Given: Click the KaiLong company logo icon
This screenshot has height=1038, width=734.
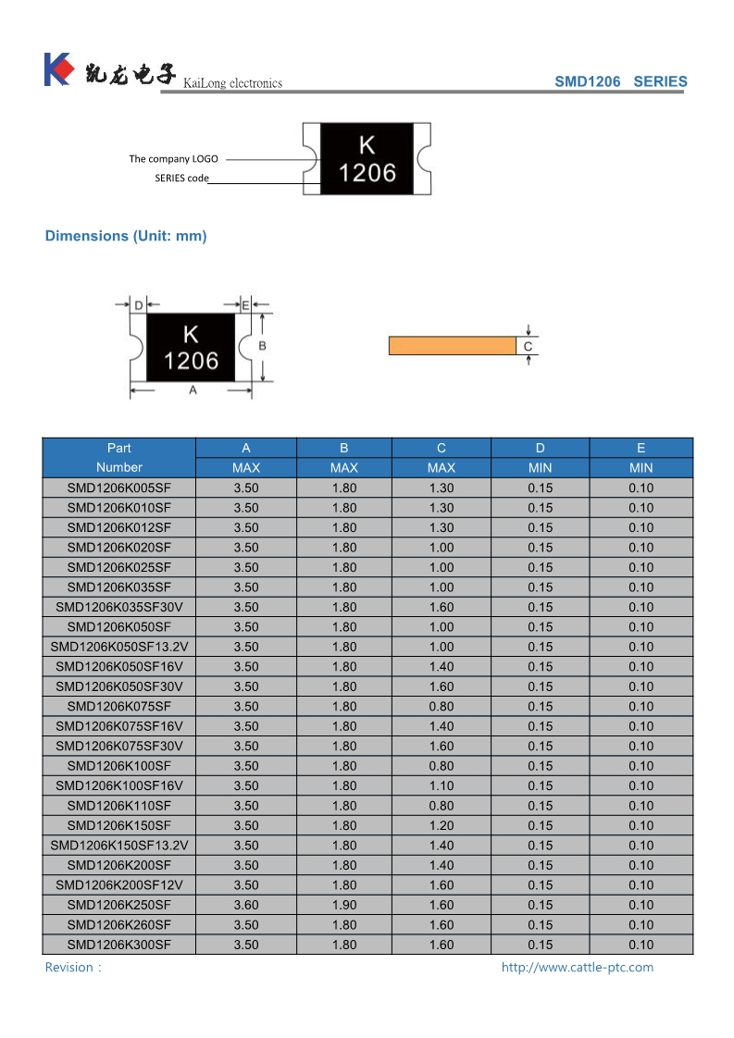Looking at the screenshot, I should [x=57, y=69].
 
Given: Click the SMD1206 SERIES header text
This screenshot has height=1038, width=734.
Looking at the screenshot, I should [x=620, y=81].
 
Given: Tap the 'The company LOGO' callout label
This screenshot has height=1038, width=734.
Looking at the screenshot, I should [x=173, y=159].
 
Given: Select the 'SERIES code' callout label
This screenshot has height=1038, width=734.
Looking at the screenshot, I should [x=181, y=178].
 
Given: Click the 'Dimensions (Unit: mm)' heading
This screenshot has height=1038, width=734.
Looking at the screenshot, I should [x=126, y=236].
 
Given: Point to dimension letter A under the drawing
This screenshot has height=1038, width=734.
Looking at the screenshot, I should [x=193, y=390].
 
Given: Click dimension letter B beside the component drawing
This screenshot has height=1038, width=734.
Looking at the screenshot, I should [x=262, y=345].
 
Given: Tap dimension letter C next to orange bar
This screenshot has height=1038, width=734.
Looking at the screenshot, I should [x=528, y=347].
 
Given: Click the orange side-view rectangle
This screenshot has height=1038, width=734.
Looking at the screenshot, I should [x=452, y=346].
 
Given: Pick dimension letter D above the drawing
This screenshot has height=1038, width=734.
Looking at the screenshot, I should [x=138, y=304].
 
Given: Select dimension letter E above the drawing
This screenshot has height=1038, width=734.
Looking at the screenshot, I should [x=245, y=304].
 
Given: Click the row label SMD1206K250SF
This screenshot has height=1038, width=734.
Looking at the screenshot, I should [x=119, y=905].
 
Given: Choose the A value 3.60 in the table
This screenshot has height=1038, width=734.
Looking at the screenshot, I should [x=246, y=905].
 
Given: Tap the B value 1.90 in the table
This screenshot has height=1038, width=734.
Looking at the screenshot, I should [x=344, y=905].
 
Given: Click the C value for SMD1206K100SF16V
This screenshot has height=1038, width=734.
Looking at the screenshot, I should [x=442, y=785].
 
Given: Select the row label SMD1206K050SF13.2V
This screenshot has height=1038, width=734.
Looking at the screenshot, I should [x=119, y=647].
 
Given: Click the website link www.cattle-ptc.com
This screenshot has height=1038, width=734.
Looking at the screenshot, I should [x=577, y=968].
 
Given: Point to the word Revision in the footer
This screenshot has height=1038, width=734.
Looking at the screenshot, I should [x=69, y=968].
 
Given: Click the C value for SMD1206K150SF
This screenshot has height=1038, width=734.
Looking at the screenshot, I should [x=442, y=825].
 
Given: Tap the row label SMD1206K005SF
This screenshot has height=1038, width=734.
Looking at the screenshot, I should [x=119, y=488].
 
